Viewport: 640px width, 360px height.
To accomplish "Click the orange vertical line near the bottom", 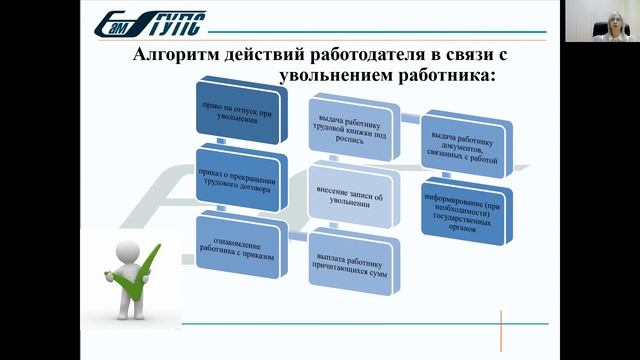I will [514, 331].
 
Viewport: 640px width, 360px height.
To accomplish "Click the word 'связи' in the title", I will [466, 56].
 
